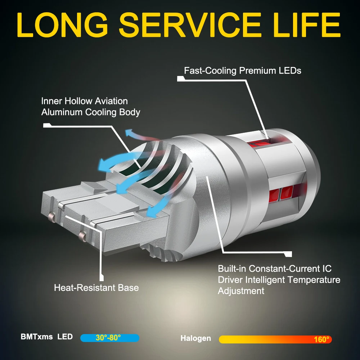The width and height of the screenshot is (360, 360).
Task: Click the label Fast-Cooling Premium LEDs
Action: tap(242, 70)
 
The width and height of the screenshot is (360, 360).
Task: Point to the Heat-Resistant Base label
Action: tap(96, 288)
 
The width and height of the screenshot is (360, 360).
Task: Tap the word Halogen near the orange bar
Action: tap(195, 338)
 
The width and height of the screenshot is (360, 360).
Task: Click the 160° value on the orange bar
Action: tap(321, 339)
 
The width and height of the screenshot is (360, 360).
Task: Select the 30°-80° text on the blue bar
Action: tap(108, 338)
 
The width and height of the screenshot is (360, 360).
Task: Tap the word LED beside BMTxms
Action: tap(65, 337)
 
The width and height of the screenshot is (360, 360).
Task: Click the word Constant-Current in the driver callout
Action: tap(279, 269)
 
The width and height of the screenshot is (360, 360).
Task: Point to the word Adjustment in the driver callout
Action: tap(241, 291)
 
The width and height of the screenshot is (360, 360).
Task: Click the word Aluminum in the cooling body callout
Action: tap(62, 112)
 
